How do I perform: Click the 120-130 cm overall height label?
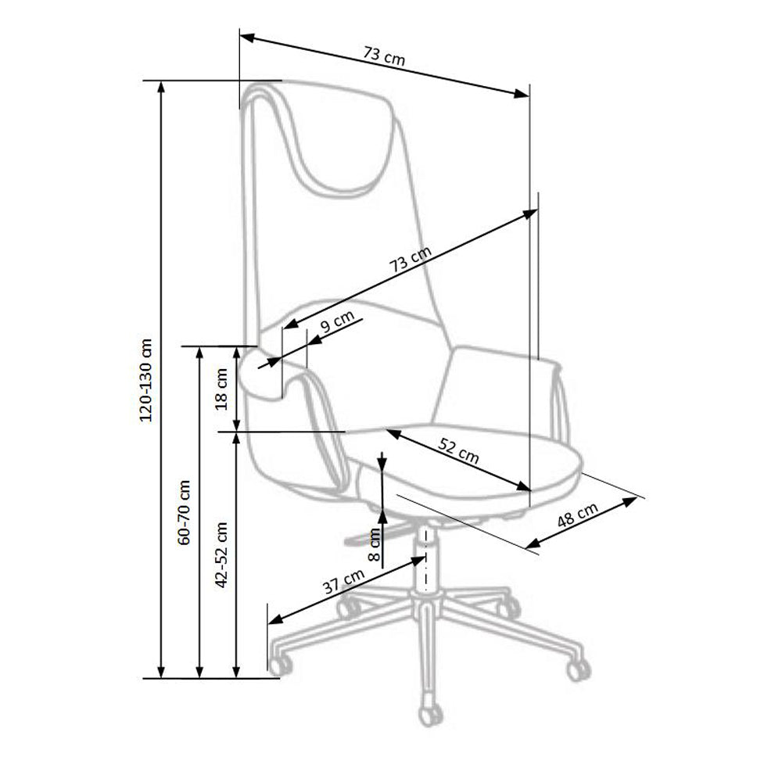146,380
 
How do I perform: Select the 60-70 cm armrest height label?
184,512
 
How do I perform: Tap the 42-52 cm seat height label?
221,554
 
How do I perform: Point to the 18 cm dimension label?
221,389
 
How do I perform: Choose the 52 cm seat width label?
459,450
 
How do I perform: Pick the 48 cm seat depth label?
577,515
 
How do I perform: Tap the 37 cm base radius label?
343,581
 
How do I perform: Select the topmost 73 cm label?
384,56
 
